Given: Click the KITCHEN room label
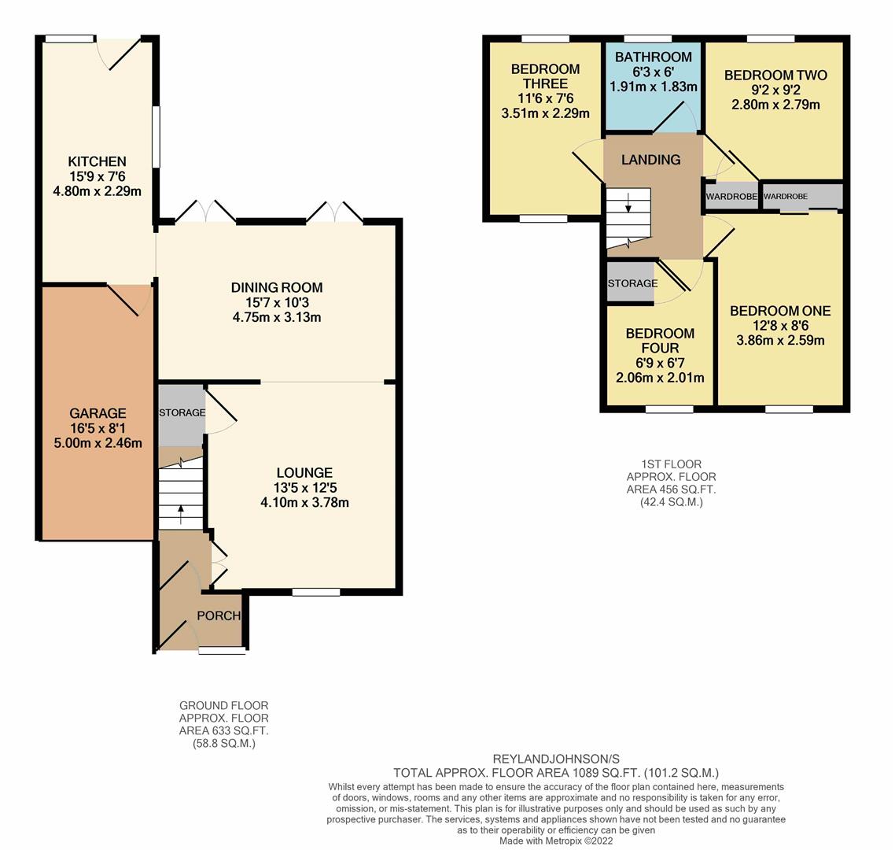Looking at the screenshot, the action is (97, 161).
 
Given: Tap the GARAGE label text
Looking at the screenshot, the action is (98, 413).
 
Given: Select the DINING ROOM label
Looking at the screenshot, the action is (277, 287).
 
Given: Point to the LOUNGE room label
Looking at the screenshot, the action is (304, 473).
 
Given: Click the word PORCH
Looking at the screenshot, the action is (219, 615).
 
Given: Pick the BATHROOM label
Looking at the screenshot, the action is (653, 57).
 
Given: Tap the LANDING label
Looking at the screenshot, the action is (650, 160).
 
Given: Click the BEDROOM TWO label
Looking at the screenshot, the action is (775, 75).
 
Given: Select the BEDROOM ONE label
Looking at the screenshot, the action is (780, 311).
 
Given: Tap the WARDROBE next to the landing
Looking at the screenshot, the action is (731, 197).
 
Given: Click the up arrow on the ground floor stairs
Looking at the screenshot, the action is (181, 514).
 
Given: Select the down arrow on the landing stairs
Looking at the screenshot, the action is (628, 203).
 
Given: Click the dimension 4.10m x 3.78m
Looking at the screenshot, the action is (305, 503).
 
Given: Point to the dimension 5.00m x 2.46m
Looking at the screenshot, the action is (98, 442).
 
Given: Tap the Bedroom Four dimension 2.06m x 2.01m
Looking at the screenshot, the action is (660, 378).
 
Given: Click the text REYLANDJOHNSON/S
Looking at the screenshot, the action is (556, 759).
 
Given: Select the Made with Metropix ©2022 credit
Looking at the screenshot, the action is (556, 841).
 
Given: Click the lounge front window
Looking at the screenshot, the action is (316, 593).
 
